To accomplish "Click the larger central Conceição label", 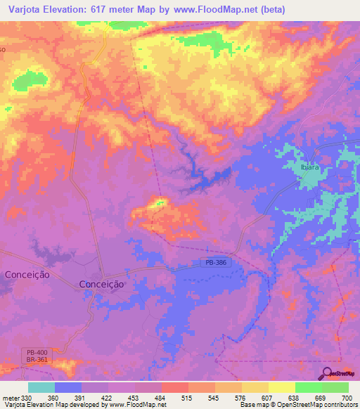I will tap(101, 284).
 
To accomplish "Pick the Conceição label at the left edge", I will tap(27, 275).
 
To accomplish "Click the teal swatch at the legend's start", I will tap(41, 387).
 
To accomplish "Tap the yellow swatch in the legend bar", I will tap(282, 387).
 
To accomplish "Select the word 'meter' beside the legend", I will tap(11, 398).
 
